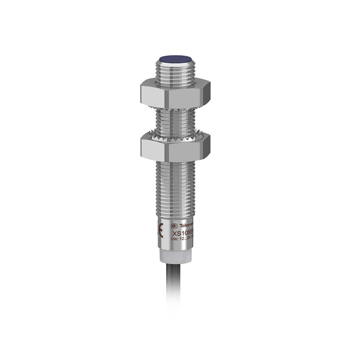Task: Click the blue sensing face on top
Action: click(x=175, y=59)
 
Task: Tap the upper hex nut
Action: click(x=175, y=94)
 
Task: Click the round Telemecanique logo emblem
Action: click(x=174, y=226)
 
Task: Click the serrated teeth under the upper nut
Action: click(x=175, y=107)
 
